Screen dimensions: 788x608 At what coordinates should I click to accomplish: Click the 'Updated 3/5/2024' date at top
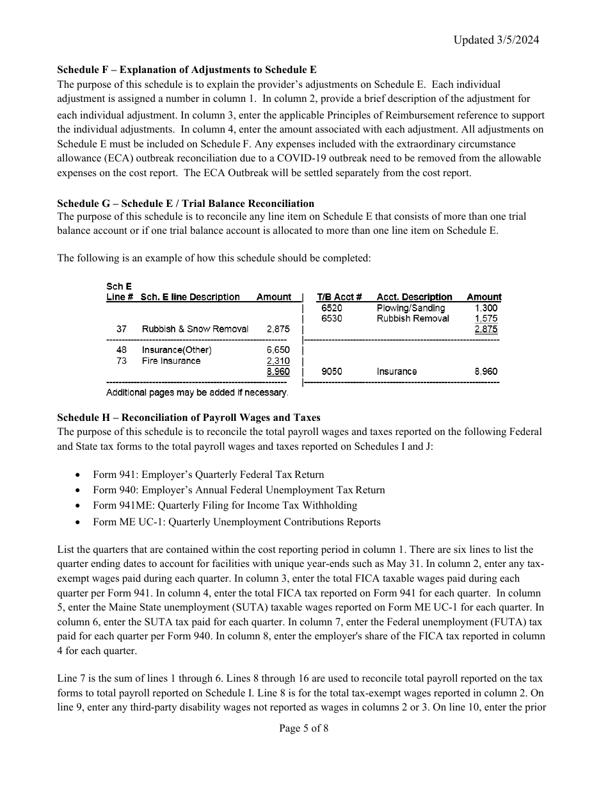[x=496, y=40]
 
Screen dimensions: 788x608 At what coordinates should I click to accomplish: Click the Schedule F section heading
[x=186, y=70]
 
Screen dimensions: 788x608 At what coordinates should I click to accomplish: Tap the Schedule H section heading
[x=188, y=418]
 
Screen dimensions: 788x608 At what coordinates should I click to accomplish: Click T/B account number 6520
[x=332, y=308]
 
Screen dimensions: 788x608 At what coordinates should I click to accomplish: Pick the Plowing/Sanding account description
[x=410, y=308]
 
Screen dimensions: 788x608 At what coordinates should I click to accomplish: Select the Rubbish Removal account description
[x=413, y=318]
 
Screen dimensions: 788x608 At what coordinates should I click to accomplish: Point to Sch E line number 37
[x=122, y=329]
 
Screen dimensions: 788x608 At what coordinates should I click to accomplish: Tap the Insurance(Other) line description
[x=177, y=350]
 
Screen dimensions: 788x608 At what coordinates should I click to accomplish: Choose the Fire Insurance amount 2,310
[x=278, y=361]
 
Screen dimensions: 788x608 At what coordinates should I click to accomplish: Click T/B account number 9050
[x=332, y=372]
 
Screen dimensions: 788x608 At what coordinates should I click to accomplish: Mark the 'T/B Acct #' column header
[x=339, y=297]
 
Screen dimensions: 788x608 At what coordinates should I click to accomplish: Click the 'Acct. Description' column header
[x=414, y=297]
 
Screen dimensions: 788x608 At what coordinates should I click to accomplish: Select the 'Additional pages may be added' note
[x=197, y=392]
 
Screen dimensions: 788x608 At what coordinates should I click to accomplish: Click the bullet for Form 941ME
[x=78, y=506]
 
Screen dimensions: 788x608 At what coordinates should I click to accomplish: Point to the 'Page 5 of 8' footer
[x=304, y=728]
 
